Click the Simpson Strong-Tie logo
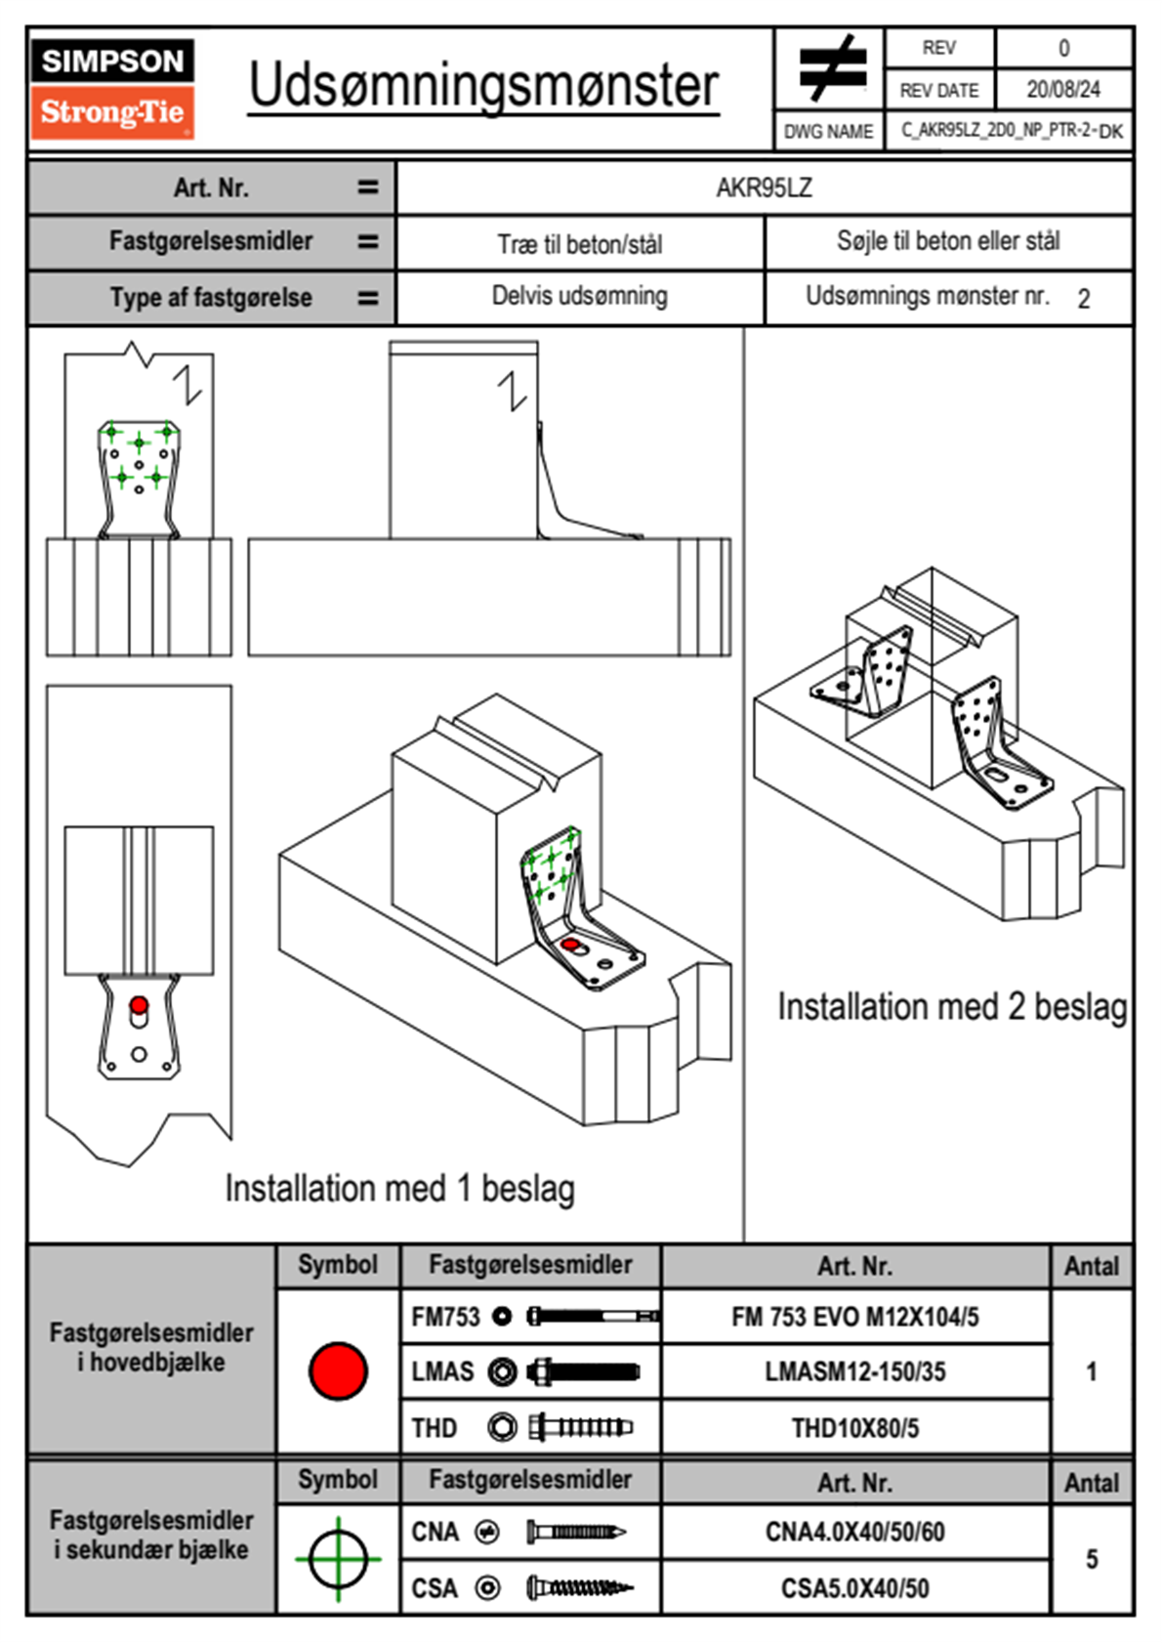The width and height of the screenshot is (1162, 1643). pos(111,88)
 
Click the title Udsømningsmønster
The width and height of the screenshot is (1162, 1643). pos(483,86)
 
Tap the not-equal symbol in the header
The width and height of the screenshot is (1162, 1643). pos(831,67)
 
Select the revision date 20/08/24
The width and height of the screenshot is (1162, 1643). pos(1062,90)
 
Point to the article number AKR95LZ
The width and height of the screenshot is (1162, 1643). pos(764,188)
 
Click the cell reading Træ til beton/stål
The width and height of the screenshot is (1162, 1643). pos(580,244)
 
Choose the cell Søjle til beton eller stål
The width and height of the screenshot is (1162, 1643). pos(948,241)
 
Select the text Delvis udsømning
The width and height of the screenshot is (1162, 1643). pos(580,296)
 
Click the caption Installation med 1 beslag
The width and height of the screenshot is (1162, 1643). pos(399,1189)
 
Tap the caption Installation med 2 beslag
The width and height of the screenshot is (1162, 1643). pos(952,1007)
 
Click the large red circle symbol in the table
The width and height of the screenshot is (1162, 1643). pos(338,1370)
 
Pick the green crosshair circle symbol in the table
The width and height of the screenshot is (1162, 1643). pos(338,1559)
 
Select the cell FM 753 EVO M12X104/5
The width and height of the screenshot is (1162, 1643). pos(854,1318)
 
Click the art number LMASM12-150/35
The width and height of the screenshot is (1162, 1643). pos(854,1372)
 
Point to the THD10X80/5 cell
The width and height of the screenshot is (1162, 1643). pos(854,1428)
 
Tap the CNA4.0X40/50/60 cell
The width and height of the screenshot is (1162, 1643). pos(854,1532)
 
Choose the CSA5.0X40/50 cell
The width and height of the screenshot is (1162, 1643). pos(854,1588)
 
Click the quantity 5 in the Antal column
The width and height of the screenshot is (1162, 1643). pos(1092,1559)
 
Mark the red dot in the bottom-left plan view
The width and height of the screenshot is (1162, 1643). pos(139,1005)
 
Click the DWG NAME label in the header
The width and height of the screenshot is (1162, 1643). pos(828,132)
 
